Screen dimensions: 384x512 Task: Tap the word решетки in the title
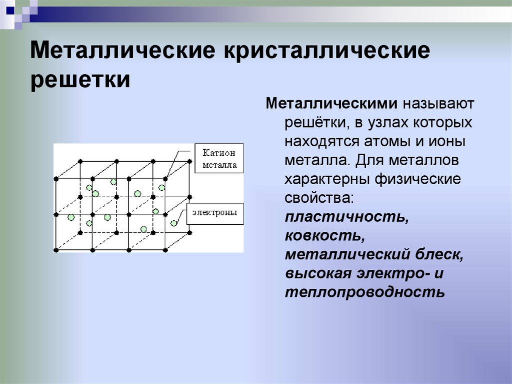[x=80, y=80]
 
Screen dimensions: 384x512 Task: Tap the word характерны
[x=326, y=179]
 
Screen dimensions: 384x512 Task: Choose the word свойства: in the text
[x=319, y=198]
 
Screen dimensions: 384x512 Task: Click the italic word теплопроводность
[x=365, y=292]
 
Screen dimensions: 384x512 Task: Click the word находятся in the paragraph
[x=323, y=142]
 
